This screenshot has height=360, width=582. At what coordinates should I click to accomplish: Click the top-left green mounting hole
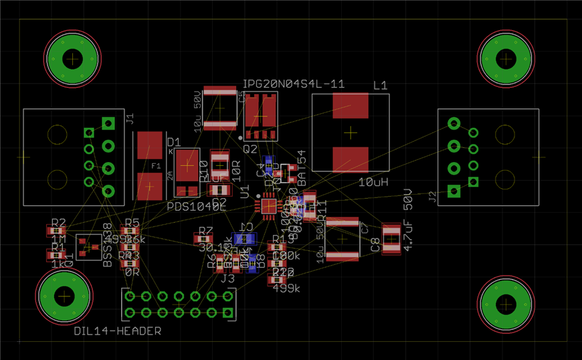pyautogui.click(x=72, y=60)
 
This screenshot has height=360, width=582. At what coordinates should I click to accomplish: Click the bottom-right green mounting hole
pyautogui.click(x=506, y=304)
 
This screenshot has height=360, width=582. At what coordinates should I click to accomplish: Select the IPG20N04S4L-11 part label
pyautogui.click(x=293, y=84)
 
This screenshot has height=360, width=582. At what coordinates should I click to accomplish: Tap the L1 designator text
pyautogui.click(x=380, y=86)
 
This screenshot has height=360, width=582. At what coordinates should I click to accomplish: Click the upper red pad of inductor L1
pyautogui.click(x=350, y=106)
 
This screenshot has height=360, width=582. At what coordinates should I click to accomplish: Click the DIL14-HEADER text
pyautogui.click(x=117, y=331)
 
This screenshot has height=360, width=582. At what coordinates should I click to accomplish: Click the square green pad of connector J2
pyautogui.click(x=454, y=191)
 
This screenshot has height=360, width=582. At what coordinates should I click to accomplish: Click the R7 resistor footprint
pyautogui.click(x=204, y=238)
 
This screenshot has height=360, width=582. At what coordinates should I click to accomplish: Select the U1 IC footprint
pyautogui.click(x=269, y=206)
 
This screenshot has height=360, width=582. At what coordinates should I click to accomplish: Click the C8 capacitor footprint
pyautogui.click(x=391, y=239)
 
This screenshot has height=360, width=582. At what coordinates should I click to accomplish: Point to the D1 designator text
pyautogui.click(x=174, y=143)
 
